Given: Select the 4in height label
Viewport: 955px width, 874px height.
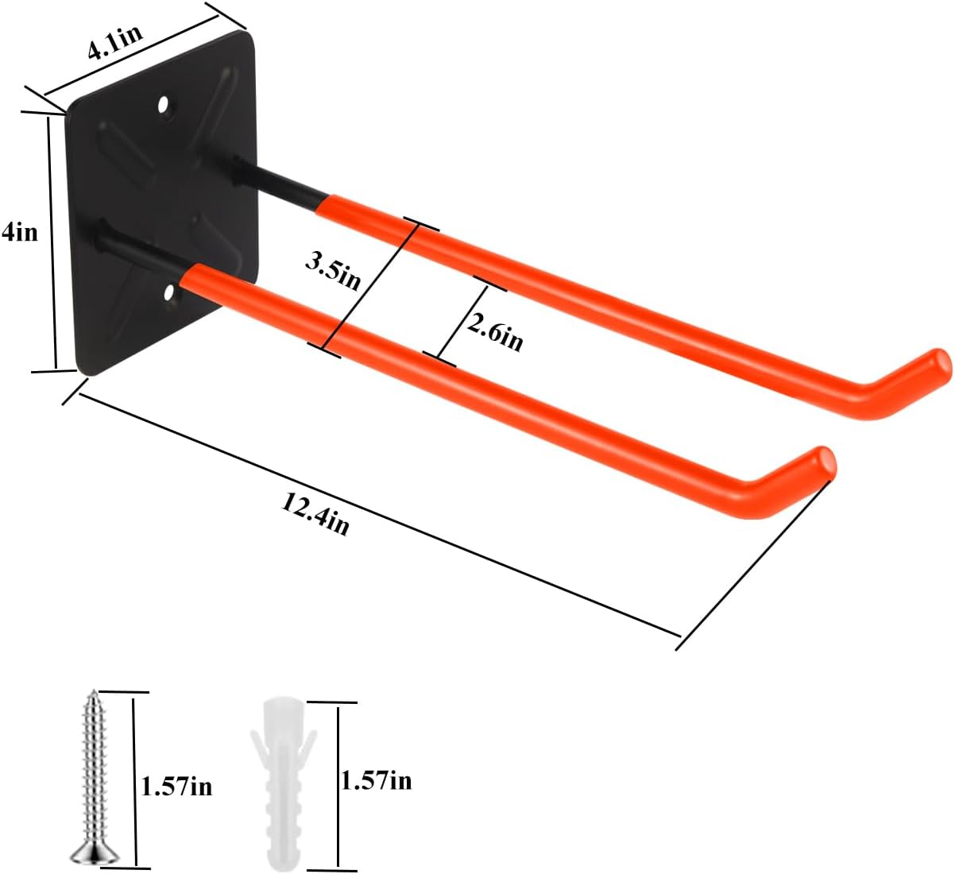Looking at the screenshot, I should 19,232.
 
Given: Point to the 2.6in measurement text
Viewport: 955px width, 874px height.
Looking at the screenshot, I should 494,331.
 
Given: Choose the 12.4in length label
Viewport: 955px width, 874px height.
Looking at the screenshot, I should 314,513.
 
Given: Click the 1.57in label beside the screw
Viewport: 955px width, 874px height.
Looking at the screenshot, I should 176,787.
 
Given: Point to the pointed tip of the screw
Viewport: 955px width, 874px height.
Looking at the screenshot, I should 94,694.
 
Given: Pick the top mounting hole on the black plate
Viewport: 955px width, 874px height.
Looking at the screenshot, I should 164,104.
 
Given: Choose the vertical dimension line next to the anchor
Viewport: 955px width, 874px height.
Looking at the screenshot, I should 338,783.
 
